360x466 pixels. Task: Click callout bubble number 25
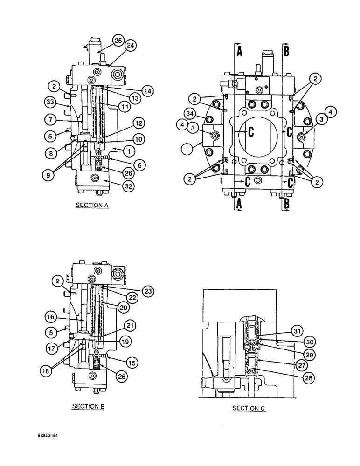point(118,41)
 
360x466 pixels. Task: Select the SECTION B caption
point(88,406)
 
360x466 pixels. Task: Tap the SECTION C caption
point(248,408)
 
